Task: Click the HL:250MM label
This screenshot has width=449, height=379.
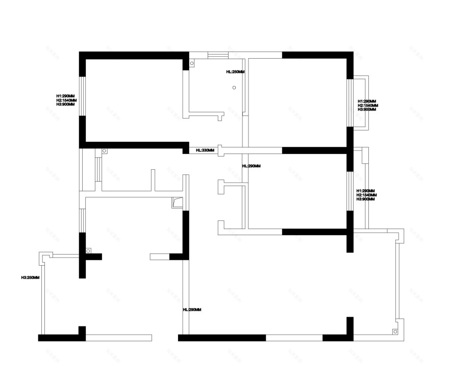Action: tap(235, 72)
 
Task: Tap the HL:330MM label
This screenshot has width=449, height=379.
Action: tap(205, 150)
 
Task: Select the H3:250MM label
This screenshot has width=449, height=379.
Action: tap(30, 277)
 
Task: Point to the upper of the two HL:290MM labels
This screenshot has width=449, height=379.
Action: tap(252, 166)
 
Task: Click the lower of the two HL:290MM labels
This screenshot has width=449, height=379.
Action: tap(192, 310)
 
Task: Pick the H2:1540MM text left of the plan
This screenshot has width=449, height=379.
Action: tap(66, 100)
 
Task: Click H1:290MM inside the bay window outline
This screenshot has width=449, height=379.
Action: tap(367, 101)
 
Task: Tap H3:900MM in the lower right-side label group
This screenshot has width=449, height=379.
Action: tap(366, 199)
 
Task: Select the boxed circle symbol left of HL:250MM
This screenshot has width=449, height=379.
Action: tap(192, 63)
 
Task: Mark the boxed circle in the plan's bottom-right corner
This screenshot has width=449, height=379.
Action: tap(395, 332)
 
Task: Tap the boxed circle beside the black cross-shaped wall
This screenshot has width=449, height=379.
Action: tap(88, 251)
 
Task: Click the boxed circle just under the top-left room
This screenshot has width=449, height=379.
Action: tap(104, 151)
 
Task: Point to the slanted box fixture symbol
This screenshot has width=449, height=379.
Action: tap(177, 203)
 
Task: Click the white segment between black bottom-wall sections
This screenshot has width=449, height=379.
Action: tap(294, 337)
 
